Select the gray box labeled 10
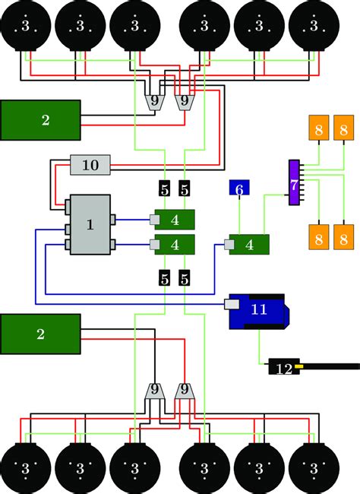point(90,164)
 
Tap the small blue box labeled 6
point(239,188)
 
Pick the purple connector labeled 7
point(294,182)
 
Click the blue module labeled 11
point(258,310)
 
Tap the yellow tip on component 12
point(300,368)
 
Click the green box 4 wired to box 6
point(250,245)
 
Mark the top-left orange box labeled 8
point(318,129)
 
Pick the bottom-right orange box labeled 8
point(343,238)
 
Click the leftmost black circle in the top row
point(27,26)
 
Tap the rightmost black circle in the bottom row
point(312,466)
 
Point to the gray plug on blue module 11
point(232,305)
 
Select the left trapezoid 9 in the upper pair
point(155,101)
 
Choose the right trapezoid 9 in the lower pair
point(184,391)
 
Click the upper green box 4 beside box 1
point(175,220)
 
